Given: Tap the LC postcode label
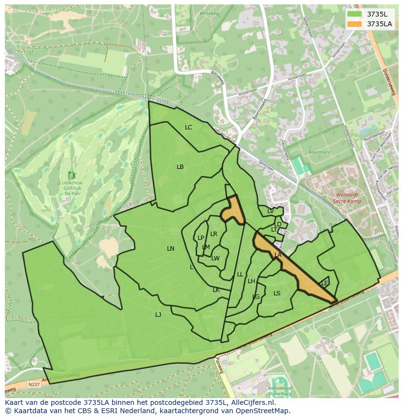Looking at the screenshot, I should (188, 128).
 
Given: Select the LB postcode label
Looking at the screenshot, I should (180, 167).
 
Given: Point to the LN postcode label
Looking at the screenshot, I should (170, 249).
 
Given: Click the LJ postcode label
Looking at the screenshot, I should (158, 315).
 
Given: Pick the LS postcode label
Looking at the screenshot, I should (277, 293).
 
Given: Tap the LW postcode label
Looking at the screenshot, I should (216, 258).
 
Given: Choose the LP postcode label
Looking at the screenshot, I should (201, 238).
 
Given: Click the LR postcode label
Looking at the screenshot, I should (214, 234).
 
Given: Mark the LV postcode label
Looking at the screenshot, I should (270, 211).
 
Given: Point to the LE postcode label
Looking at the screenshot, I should (325, 283).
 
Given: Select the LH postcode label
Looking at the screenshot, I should (251, 281).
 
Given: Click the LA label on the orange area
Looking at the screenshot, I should (278, 255).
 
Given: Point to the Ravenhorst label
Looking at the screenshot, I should (320, 152).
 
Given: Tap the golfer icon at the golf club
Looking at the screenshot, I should (72, 175).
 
